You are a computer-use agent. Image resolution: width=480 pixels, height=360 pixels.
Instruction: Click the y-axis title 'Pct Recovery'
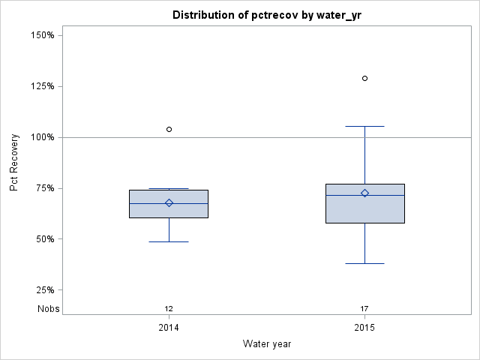pyautogui.click(x=14, y=163)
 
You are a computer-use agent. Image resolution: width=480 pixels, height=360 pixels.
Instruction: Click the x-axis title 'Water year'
pyautogui.click(x=266, y=343)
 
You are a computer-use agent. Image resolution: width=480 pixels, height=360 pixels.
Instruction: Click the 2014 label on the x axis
pyautogui.click(x=169, y=328)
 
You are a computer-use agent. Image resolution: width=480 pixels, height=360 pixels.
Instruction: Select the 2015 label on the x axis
pyautogui.click(x=364, y=328)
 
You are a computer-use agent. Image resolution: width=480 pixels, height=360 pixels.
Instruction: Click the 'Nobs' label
pyautogui.click(x=49, y=308)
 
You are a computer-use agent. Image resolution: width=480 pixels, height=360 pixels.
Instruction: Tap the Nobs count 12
pyautogui.click(x=169, y=309)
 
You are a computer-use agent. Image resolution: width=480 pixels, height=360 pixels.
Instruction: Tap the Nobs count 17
pyautogui.click(x=364, y=309)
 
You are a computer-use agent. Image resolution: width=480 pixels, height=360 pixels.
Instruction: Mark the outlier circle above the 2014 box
pyautogui.click(x=169, y=129)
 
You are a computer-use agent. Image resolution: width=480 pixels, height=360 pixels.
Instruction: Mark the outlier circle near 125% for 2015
pyautogui.click(x=364, y=78)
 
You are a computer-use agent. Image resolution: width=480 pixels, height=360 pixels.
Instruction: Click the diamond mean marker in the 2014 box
pyautogui.click(x=169, y=202)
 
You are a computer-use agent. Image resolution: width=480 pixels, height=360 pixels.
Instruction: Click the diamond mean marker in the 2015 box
pyautogui.click(x=364, y=193)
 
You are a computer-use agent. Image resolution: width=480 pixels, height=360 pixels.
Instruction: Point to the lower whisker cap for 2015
pyautogui.click(x=364, y=263)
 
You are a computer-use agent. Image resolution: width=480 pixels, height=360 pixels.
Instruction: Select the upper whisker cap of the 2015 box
pyautogui.click(x=364, y=127)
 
